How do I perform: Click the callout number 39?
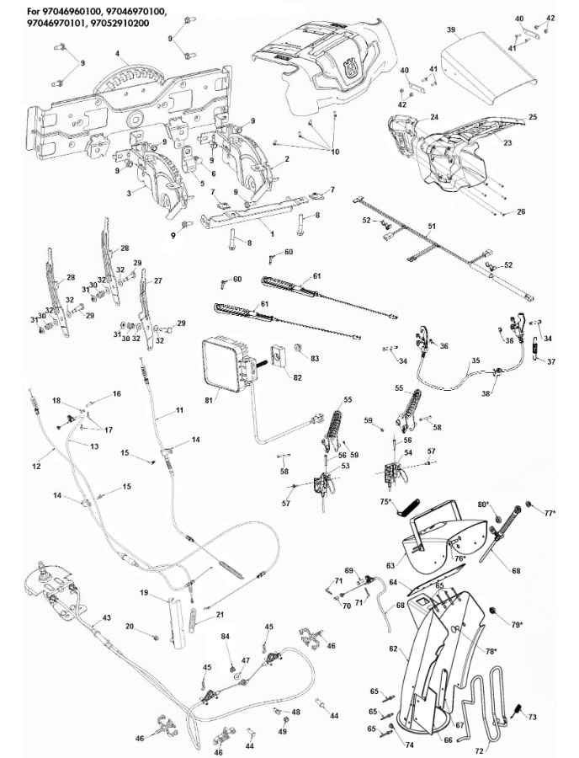(x=451, y=29)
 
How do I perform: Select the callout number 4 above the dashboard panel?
(x=117, y=54)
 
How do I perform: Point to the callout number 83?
(x=315, y=359)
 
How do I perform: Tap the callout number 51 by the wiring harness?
(x=433, y=227)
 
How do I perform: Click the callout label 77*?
(x=550, y=511)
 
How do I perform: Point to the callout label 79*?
(x=516, y=624)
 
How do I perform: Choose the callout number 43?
(x=106, y=617)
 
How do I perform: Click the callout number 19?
(x=144, y=594)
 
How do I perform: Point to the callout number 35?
(x=475, y=360)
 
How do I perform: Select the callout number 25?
(x=532, y=116)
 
